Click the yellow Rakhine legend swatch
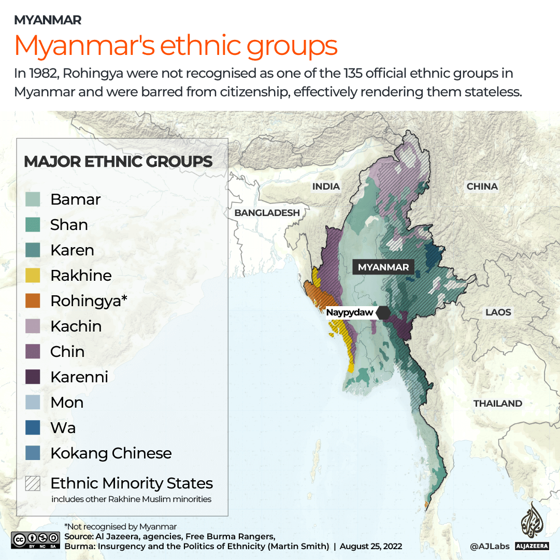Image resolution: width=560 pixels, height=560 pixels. pyautogui.click(x=33, y=276)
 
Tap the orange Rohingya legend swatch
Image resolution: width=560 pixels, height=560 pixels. pyautogui.click(x=33, y=301)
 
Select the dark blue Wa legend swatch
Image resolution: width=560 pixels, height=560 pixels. pyautogui.click(x=33, y=428)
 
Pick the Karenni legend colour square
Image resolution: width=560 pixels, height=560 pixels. pyautogui.click(x=33, y=377)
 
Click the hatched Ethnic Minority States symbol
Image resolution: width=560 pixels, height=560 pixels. pyautogui.click(x=33, y=483)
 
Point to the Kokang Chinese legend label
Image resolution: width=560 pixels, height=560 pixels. pyautogui.click(x=111, y=453)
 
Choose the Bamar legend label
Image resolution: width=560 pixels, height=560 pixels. pyautogui.click(x=76, y=199)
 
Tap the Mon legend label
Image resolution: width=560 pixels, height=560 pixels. pyautogui.click(x=67, y=403)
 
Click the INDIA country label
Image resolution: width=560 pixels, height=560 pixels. pyautogui.click(x=326, y=186)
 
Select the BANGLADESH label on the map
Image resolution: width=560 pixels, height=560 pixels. pyautogui.click(x=267, y=213)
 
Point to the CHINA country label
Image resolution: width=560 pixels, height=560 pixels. pyautogui.click(x=482, y=186)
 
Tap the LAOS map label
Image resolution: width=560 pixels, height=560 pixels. pyautogui.click(x=498, y=312)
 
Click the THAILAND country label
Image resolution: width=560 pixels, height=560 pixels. pyautogui.click(x=497, y=404)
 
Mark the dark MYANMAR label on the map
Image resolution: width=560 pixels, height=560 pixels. pyautogui.click(x=383, y=267)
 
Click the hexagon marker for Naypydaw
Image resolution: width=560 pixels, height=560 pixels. pyautogui.click(x=383, y=313)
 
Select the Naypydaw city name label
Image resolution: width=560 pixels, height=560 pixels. pyautogui.click(x=349, y=313)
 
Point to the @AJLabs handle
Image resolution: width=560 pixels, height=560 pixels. pyautogui.click(x=490, y=546)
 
